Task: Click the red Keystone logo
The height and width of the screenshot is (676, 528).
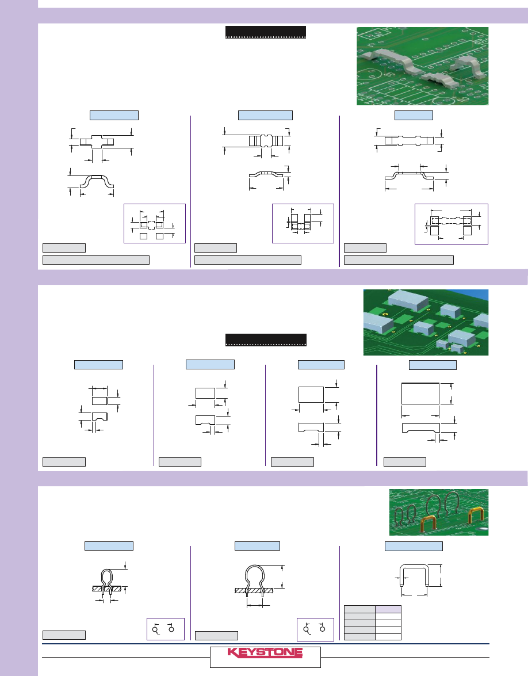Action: pyautogui.click(x=265, y=652)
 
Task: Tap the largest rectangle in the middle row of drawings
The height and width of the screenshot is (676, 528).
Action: pyautogui.click(x=420, y=393)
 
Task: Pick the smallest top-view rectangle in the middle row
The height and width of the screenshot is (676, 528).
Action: pyautogui.click(x=100, y=401)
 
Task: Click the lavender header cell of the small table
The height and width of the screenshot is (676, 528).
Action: pyautogui.click(x=388, y=609)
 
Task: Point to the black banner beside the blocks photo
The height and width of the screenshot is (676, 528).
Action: pyautogui.click(x=266, y=339)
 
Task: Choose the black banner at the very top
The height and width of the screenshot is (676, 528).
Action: pyautogui.click(x=266, y=32)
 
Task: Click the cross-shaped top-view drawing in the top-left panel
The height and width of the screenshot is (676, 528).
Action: pyautogui.click(x=97, y=142)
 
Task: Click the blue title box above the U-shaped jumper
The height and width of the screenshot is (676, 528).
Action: pyautogui.click(x=414, y=546)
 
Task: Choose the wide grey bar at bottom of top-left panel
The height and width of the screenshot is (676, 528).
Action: pyautogui.click(x=96, y=260)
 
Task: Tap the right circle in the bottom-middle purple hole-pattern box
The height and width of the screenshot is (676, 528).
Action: pyautogui.click(x=323, y=629)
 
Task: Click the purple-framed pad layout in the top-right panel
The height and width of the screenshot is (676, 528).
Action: pyautogui.click(x=452, y=224)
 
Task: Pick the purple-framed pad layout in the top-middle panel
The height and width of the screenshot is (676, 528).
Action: pyautogui.click(x=303, y=223)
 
